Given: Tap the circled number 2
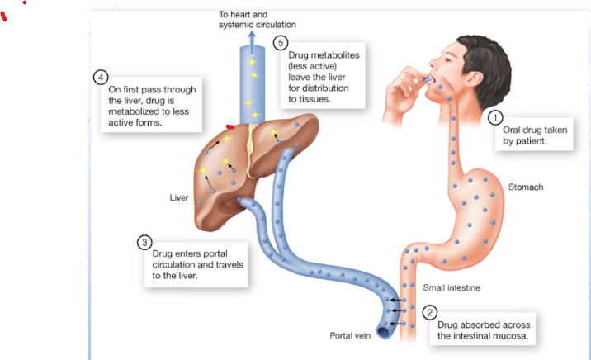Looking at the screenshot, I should click(x=429, y=312).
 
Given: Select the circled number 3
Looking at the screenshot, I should click(x=144, y=242).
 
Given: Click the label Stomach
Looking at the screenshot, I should click(x=526, y=187).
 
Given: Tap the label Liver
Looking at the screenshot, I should click(x=179, y=198).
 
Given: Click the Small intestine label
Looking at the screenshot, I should click(x=451, y=288).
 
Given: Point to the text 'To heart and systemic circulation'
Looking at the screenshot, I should click(x=257, y=20).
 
